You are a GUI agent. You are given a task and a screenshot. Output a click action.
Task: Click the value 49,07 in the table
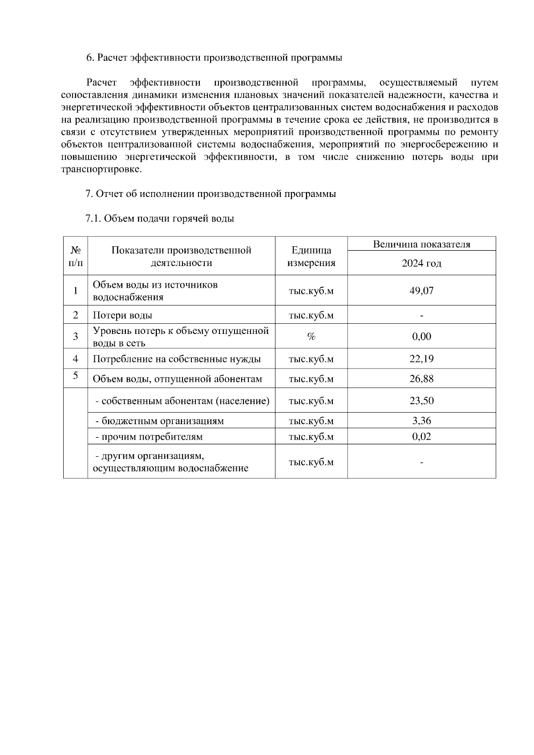point(421,291)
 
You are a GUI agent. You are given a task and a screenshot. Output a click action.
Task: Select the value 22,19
point(421,359)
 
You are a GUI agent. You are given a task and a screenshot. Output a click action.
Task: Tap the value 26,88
point(421,379)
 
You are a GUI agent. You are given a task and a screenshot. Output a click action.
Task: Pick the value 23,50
point(421,401)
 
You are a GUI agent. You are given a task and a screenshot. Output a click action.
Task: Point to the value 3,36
point(421,421)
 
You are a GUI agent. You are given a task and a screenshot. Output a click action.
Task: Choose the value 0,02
point(421,436)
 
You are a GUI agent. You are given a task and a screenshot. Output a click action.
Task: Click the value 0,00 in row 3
point(421,336)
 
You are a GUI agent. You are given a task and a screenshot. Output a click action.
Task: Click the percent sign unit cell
point(311,337)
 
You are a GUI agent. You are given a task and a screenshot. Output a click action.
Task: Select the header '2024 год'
point(421,263)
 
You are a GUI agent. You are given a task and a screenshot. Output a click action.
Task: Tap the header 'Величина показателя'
point(421,244)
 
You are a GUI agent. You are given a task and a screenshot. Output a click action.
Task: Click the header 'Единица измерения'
point(311,256)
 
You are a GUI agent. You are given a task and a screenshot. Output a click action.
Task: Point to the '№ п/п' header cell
point(76,256)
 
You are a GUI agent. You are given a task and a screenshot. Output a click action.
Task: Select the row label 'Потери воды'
point(122,315)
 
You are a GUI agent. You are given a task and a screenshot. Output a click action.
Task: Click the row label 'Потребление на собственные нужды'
point(177,359)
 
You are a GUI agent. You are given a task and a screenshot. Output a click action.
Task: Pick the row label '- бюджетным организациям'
point(159,421)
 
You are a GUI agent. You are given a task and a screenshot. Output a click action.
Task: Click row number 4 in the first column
point(76,358)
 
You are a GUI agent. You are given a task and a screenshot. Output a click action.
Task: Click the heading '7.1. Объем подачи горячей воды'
point(159,219)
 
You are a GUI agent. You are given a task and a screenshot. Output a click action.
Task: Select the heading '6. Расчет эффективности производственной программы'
point(214,58)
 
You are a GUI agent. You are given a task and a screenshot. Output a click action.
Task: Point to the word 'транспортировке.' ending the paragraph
point(101,169)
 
